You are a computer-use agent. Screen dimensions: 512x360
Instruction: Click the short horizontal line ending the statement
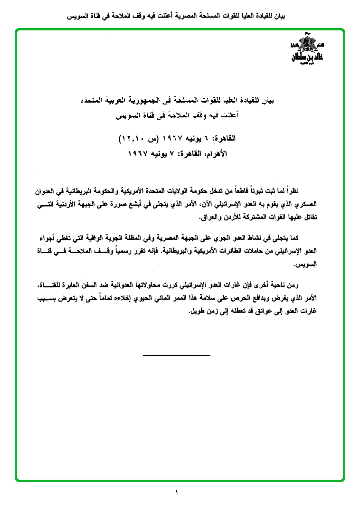(x=176, y=355)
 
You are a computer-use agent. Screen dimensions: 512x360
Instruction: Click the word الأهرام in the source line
(x=218, y=154)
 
